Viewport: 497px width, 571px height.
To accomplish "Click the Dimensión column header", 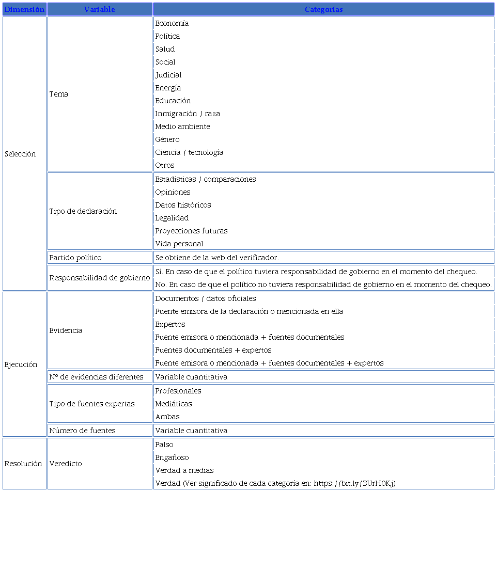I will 24,9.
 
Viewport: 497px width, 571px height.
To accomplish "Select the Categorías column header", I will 323,9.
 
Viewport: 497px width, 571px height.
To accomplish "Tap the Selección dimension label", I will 20,154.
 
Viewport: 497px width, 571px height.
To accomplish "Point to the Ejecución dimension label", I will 21,364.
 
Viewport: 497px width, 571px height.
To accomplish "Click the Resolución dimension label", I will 23,464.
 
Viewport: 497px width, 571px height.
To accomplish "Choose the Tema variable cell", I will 59,94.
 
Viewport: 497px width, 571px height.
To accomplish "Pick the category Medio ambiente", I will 182,126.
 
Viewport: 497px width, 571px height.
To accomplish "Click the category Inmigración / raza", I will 188,114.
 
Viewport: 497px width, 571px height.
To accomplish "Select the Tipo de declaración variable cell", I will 83,211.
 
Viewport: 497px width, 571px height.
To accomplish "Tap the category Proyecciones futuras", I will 191,231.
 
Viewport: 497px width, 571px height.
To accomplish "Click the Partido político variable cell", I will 75,258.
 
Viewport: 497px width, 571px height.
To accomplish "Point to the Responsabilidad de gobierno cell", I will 100,278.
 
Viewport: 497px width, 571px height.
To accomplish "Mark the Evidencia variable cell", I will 66,330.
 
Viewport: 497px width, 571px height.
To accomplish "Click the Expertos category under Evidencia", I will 170,324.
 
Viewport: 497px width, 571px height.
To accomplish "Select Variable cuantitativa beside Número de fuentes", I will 191,431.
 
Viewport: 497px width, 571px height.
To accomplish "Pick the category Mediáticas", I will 174,404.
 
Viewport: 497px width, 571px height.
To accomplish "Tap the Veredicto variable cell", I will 66,464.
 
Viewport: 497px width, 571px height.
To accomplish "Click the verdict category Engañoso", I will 172,457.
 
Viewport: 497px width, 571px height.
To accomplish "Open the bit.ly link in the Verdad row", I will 354,483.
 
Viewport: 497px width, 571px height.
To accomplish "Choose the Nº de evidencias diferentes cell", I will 96,377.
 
